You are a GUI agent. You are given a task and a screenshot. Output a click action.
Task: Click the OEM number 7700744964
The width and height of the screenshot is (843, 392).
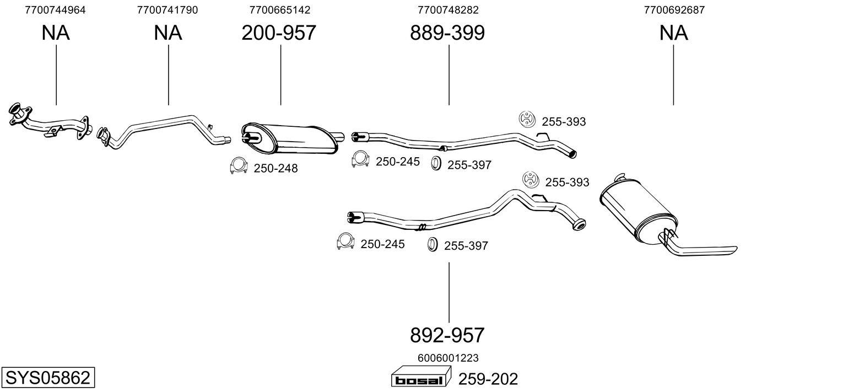point(56,10)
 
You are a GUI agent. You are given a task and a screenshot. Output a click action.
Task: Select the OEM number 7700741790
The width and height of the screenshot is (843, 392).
point(167,10)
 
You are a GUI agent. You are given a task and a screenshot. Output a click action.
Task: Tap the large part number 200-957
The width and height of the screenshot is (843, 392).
point(279,33)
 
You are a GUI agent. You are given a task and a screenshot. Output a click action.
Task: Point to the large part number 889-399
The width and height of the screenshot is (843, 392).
point(447,33)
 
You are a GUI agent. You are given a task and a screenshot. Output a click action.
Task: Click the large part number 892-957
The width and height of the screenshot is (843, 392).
point(447,335)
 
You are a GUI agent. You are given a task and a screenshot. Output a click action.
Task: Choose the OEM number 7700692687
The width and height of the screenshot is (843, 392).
point(674,10)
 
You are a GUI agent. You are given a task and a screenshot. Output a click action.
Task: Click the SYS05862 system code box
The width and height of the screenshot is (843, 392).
point(47,378)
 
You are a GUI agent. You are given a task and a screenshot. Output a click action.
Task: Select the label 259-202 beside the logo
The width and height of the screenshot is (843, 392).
point(488,379)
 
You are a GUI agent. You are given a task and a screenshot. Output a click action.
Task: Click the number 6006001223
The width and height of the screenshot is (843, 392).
point(447,358)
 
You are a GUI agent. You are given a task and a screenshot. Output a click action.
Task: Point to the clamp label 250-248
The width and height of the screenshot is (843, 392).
point(275,169)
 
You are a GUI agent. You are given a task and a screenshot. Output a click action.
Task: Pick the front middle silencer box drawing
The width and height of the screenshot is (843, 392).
point(292,139)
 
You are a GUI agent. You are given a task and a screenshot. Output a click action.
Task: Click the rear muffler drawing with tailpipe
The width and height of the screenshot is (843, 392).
point(656,215)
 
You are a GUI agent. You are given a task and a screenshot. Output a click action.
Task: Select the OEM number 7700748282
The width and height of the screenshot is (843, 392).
point(447,10)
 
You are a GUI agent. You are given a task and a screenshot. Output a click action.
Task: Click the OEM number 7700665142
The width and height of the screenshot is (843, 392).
point(279,10)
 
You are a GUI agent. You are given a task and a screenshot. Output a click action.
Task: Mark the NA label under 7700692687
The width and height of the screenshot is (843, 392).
point(673,33)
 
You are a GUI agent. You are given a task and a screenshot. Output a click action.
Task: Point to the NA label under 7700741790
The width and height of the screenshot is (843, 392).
point(167,33)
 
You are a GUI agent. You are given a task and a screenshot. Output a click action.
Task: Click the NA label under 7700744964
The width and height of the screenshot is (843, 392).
point(56,33)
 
